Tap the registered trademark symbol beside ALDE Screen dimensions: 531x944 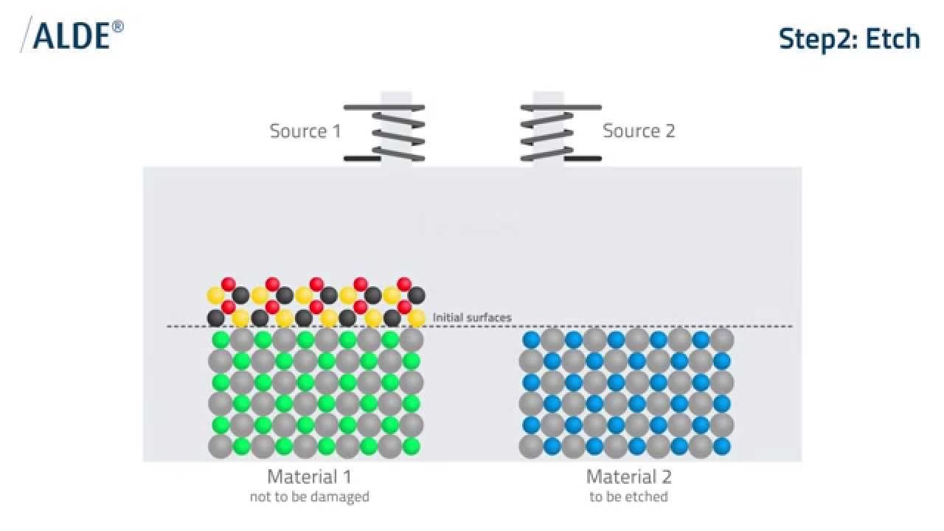point(119,27)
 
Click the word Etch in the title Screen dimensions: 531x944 point(892,39)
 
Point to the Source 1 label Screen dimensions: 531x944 point(305,131)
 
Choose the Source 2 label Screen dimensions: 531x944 point(639,131)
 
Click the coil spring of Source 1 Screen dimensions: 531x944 point(398,131)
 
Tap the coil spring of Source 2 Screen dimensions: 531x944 point(547,131)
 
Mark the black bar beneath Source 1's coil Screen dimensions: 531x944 point(362,159)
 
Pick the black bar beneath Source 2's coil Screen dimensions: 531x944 point(583,159)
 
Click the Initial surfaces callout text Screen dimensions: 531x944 point(472,318)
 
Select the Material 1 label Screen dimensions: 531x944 point(309,476)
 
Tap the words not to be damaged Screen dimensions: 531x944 point(309,497)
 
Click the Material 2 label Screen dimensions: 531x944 point(628,476)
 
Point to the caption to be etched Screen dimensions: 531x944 point(628,497)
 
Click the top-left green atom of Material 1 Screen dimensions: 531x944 point(221,340)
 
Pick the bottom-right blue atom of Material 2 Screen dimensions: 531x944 point(722,446)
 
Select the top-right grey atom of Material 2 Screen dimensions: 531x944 point(722,339)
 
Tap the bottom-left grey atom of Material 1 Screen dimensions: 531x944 point(220,446)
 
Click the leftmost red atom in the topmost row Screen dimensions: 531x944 point(229,284)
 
